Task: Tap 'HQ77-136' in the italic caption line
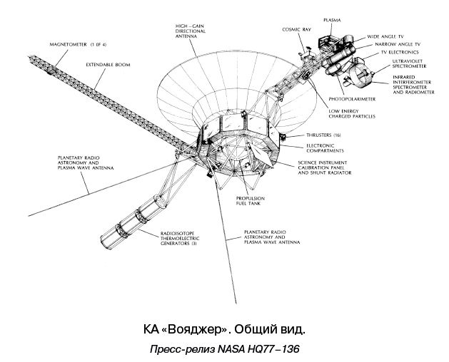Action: click(x=270, y=350)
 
